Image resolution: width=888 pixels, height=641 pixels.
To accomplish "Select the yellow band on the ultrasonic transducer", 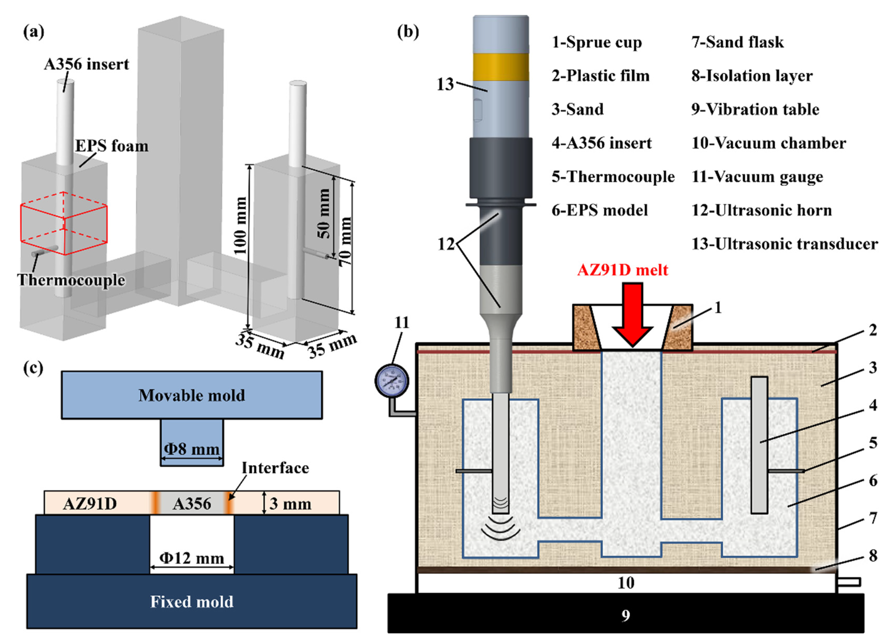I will (x=501, y=67).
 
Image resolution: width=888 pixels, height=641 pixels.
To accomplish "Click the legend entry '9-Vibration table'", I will (x=755, y=109).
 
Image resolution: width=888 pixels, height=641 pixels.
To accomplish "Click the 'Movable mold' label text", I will (x=192, y=395).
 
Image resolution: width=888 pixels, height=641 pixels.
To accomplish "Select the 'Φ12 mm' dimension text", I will (x=192, y=558).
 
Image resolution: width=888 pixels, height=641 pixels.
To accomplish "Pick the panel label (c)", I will (x=33, y=368).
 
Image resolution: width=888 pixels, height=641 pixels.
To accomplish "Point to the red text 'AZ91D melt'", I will (x=622, y=270).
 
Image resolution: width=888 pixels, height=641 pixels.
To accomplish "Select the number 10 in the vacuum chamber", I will (x=626, y=583).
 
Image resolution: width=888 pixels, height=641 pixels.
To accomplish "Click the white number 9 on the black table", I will (x=626, y=615).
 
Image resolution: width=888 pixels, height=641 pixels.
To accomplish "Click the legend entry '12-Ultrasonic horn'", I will (x=761, y=210).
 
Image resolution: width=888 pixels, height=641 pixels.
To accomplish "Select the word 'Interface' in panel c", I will (x=275, y=468).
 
